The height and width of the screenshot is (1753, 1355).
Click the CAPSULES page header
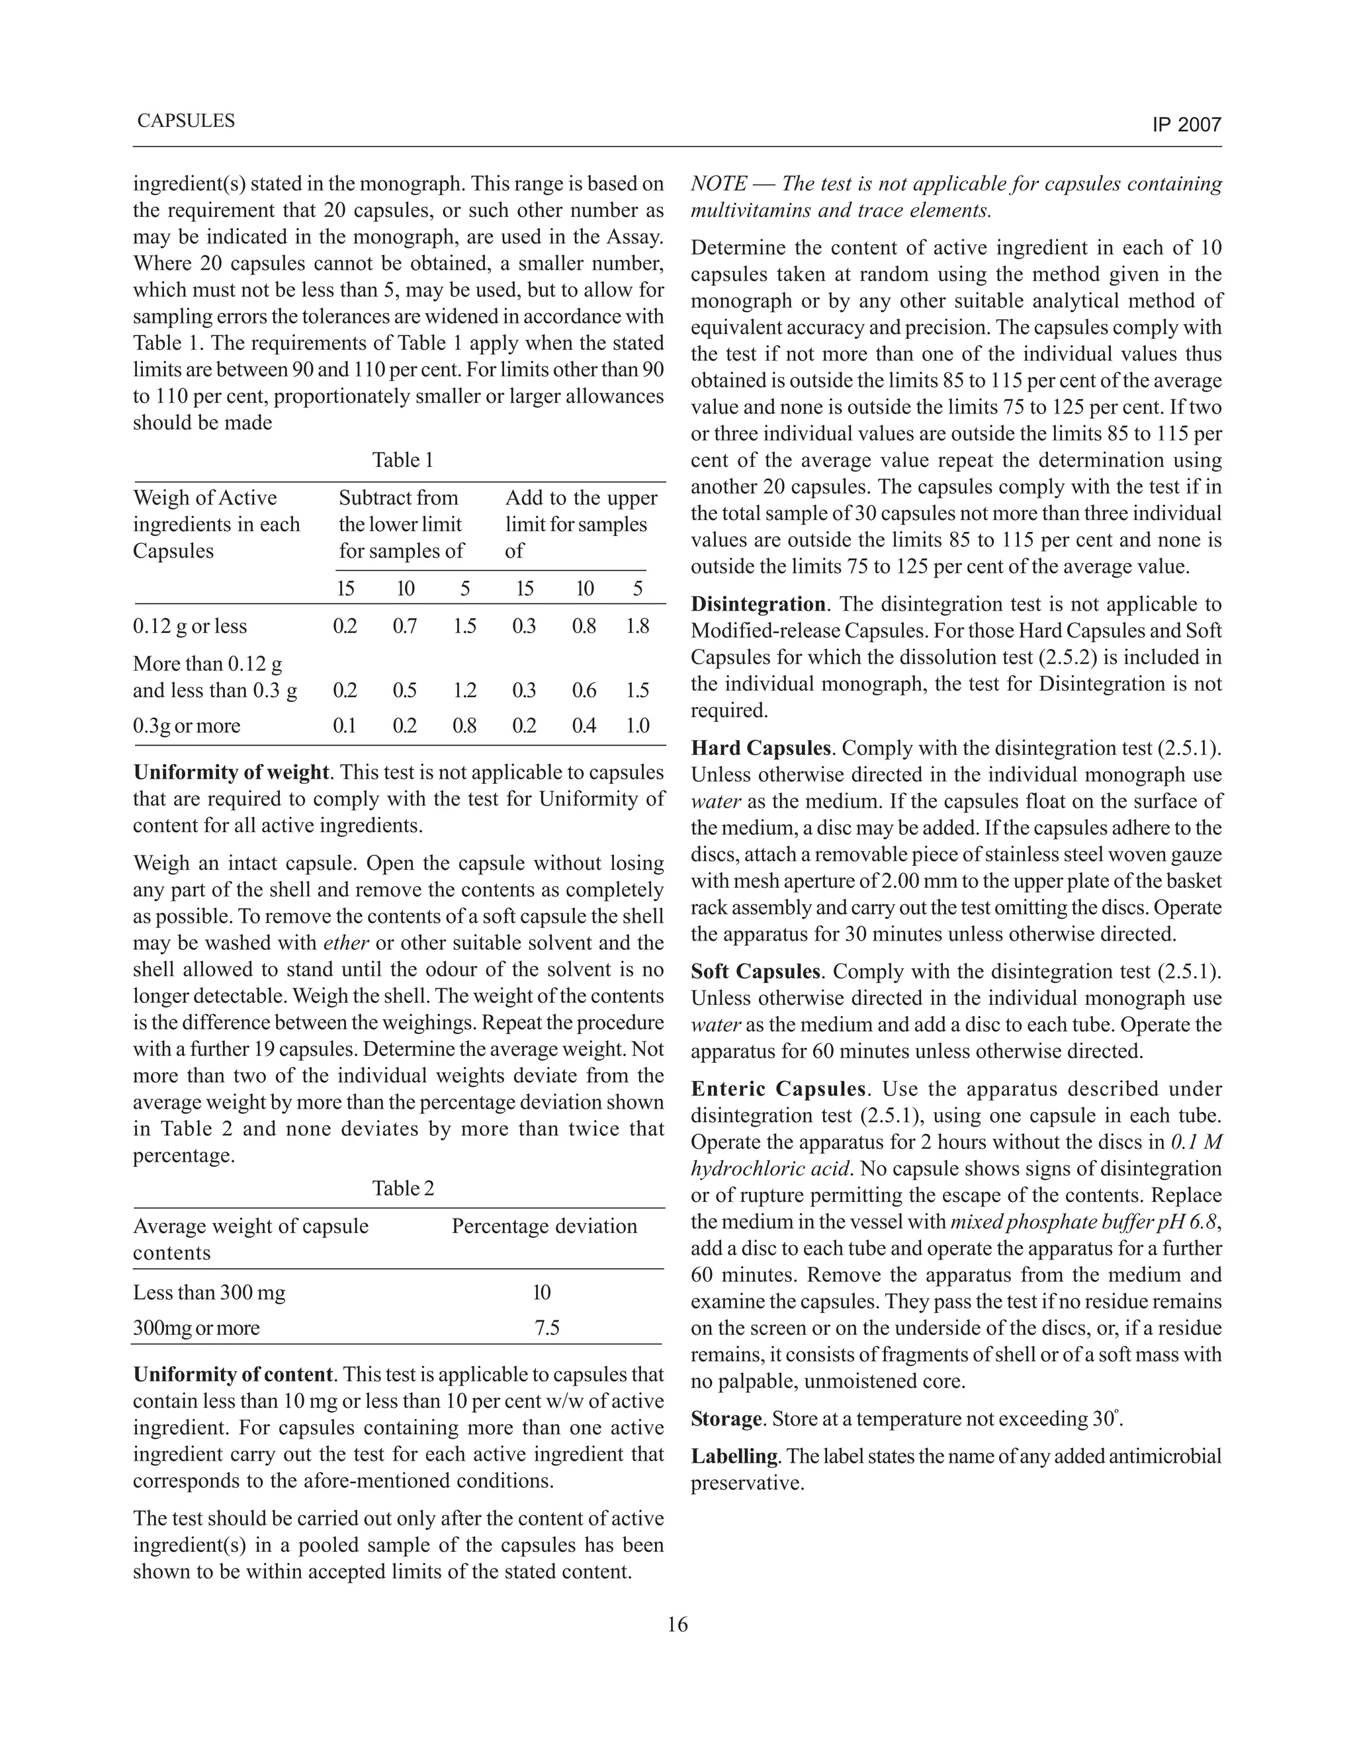pyautogui.click(x=185, y=121)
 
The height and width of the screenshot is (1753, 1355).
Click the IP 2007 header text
pyautogui.click(x=1186, y=125)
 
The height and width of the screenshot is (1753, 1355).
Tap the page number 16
pyautogui.click(x=677, y=1625)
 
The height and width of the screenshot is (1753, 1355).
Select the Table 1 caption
pyautogui.click(x=402, y=460)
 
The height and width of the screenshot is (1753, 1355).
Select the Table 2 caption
pyautogui.click(x=403, y=1189)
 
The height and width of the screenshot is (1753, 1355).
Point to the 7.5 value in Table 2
pyautogui.click(x=546, y=1328)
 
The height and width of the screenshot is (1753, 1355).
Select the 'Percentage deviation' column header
pyautogui.click(x=545, y=1226)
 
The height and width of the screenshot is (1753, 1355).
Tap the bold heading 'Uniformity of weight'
pyautogui.click(x=231, y=772)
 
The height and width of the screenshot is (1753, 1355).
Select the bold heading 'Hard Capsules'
pyautogui.click(x=760, y=748)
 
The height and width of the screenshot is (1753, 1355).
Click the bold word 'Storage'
pyautogui.click(x=726, y=1419)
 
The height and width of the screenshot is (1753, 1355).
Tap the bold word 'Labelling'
pyautogui.click(x=734, y=1456)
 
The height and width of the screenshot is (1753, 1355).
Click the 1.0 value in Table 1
pyautogui.click(x=637, y=726)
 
